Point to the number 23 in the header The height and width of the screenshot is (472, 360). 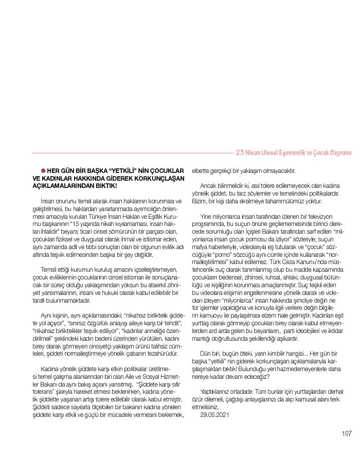[239, 152]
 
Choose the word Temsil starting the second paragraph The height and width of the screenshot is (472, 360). [49, 270]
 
